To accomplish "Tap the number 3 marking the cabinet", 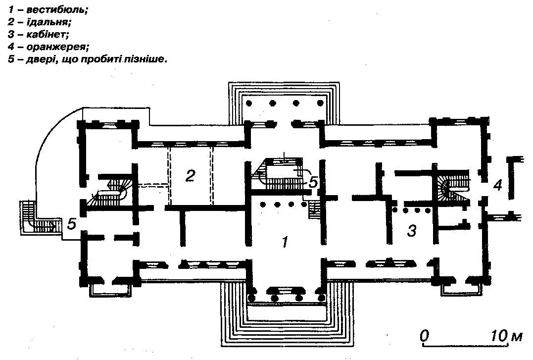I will point(411,230).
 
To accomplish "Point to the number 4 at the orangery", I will point(497,185).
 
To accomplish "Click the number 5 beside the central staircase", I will point(313,182).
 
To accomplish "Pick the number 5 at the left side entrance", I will point(72,224).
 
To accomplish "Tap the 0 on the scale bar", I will point(424,336).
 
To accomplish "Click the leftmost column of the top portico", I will point(248,103).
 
